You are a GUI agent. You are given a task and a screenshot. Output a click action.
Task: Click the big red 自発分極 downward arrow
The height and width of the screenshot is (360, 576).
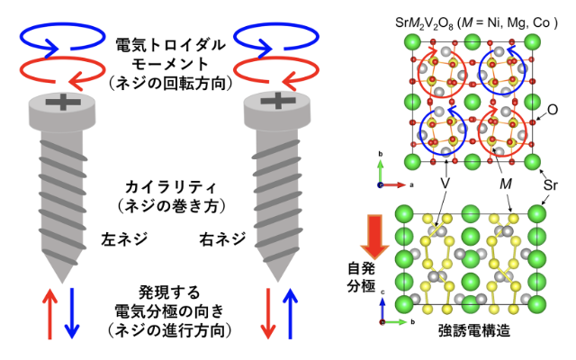click(x=370, y=237)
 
